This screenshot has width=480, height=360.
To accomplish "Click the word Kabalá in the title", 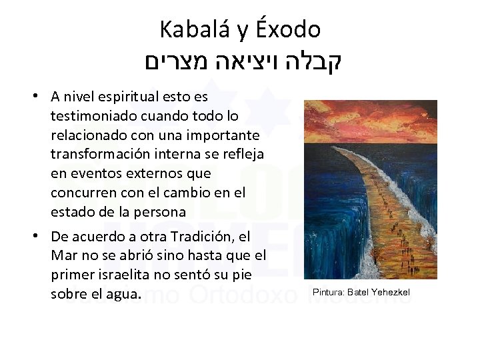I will pos(189,29).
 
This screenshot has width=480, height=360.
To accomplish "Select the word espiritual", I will pos(127,97).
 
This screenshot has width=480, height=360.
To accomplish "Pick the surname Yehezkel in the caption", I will pos(390,292).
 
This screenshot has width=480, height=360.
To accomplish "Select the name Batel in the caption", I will pos(357,292).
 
